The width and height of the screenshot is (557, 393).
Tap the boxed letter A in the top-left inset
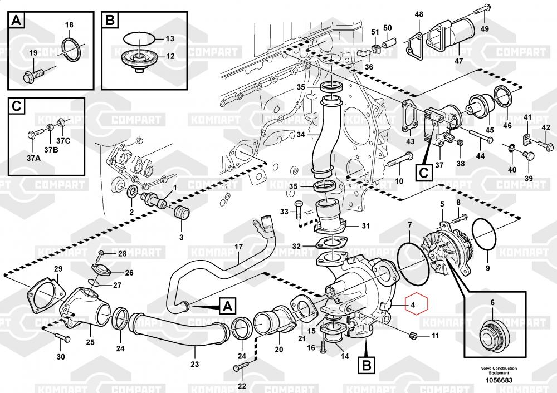point(17,21)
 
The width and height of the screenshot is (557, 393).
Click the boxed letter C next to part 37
point(424,172)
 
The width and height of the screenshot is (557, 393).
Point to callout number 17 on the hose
point(238,246)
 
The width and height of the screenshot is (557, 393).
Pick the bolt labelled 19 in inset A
point(37,72)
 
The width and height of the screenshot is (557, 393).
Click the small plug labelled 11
point(413,336)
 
